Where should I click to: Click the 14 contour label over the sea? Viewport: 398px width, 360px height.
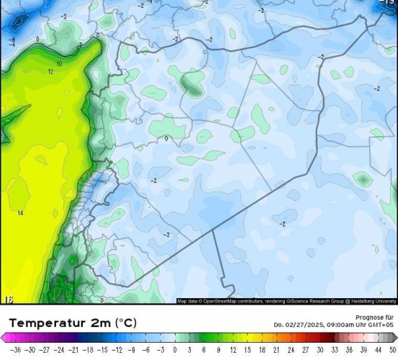pos(20,213)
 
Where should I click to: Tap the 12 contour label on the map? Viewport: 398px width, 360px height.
pos(50,72)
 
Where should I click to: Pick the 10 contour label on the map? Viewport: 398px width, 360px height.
pos(59,64)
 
